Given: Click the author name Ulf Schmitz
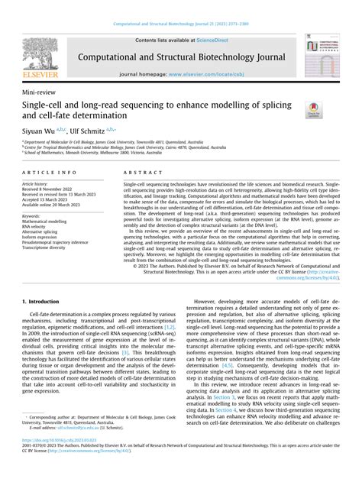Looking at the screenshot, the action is (89, 131).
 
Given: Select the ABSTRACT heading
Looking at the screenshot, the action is (139, 173).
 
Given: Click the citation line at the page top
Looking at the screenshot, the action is (181, 24).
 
